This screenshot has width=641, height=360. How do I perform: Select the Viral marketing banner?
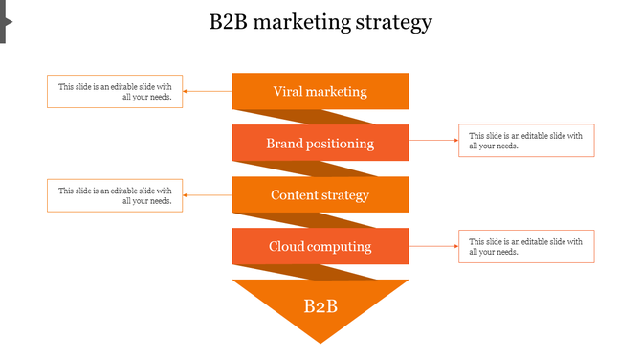pyautogui.click(x=320, y=92)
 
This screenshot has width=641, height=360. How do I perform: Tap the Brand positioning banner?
pyautogui.click(x=320, y=144)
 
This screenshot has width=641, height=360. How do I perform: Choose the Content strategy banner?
pyautogui.click(x=320, y=195)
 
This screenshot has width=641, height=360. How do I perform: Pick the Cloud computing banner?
pyautogui.click(x=320, y=247)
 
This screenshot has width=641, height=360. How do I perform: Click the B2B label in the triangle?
pyautogui.click(x=320, y=306)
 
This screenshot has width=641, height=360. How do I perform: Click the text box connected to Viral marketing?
pyautogui.click(x=115, y=92)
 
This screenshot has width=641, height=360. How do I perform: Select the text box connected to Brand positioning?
pyautogui.click(x=526, y=141)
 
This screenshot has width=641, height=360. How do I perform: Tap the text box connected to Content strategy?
pyautogui.click(x=115, y=195)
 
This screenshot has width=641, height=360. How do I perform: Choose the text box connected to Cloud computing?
pyautogui.click(x=526, y=246)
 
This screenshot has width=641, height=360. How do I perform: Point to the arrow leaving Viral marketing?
pyautogui.click(x=207, y=92)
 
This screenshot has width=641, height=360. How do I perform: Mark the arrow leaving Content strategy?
pyautogui.click(x=207, y=195)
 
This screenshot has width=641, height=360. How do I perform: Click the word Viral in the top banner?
pyautogui.click(x=288, y=92)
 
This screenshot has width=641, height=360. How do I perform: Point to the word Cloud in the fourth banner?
pyautogui.click(x=287, y=247)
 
